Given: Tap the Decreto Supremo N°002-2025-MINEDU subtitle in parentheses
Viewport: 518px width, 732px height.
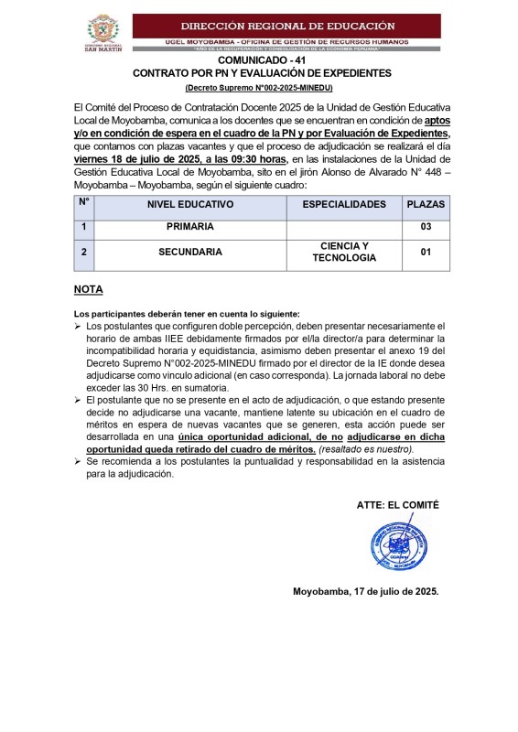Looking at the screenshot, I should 259,87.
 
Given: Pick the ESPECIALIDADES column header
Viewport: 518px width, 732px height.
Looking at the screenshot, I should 344,204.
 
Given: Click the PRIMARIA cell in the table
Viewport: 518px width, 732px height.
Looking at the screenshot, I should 190,227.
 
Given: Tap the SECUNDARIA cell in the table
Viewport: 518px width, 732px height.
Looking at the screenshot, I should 190,252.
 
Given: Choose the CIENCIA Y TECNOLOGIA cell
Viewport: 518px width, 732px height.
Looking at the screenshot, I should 344,252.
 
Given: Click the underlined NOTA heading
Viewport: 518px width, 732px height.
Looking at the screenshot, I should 89,290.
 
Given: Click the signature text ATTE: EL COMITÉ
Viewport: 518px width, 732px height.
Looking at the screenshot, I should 397,504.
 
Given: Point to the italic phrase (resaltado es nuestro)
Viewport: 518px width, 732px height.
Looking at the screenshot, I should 366,449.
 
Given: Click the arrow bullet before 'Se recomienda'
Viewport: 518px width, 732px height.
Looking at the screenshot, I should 78,462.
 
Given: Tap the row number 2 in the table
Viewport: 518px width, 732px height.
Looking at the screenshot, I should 83,252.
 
